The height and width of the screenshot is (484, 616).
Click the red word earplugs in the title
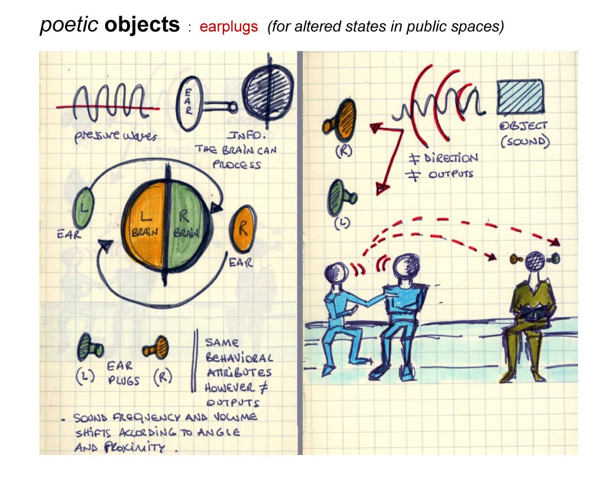[229, 27]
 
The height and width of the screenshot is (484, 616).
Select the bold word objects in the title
[142, 24]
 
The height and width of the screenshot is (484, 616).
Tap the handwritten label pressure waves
[115, 136]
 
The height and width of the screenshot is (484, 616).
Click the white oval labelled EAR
[189, 103]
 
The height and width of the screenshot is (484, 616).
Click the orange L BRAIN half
[145, 225]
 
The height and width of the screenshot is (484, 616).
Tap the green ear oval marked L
[83, 208]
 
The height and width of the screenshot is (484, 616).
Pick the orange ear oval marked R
[242, 228]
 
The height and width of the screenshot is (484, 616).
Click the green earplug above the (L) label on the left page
[90, 347]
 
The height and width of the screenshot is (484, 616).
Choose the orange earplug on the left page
[156, 347]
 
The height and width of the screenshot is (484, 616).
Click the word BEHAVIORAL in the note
[239, 357]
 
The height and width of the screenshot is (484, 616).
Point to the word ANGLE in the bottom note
[218, 433]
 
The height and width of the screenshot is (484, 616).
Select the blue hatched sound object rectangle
[521, 97]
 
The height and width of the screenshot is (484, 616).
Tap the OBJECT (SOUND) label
[524, 134]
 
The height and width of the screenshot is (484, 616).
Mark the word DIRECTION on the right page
[450, 158]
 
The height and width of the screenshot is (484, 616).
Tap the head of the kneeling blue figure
[336, 272]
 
